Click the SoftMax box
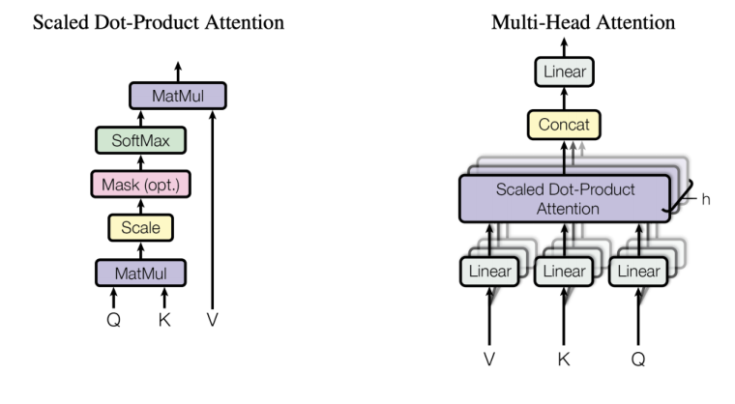(x=139, y=141)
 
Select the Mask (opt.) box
(x=140, y=184)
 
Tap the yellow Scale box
(x=140, y=228)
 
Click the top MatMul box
(x=177, y=96)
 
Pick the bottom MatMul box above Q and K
(x=139, y=273)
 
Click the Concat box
(x=564, y=125)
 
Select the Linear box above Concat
(x=564, y=72)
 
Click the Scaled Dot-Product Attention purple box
(x=564, y=199)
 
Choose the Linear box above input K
(x=564, y=272)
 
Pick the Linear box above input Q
(x=638, y=272)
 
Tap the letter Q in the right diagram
(x=638, y=359)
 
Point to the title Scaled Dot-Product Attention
(x=159, y=21)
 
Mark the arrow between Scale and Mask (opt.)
(x=140, y=206)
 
